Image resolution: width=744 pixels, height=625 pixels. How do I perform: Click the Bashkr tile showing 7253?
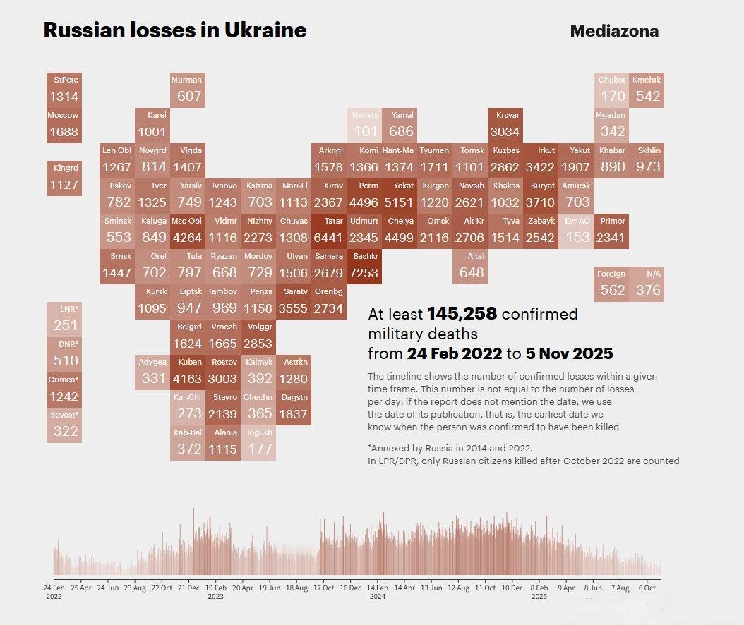[x=364, y=266]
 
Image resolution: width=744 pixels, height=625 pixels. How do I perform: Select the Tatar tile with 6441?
[x=329, y=231]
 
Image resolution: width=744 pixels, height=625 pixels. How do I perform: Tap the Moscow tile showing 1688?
[x=64, y=125]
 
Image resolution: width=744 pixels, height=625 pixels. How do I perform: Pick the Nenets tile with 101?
[x=366, y=125]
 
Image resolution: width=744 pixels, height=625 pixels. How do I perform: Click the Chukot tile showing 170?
[x=612, y=90]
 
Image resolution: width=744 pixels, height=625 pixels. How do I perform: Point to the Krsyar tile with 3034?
[x=505, y=125]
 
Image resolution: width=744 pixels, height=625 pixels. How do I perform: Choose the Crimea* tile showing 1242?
[x=64, y=390]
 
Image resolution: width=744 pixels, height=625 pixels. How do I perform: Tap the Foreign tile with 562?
[x=612, y=284]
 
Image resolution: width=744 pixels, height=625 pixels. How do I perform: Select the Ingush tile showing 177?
[x=259, y=442]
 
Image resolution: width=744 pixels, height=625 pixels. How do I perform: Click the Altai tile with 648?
[x=471, y=266]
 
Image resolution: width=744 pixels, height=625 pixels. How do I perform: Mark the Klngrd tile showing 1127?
[x=64, y=178]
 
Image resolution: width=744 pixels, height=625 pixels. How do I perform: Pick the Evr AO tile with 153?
[x=577, y=231]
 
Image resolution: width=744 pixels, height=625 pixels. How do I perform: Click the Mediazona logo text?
[x=614, y=31]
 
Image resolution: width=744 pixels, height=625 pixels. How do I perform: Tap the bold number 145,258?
[x=462, y=314]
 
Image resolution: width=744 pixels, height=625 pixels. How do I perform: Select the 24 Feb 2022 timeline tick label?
[x=54, y=591]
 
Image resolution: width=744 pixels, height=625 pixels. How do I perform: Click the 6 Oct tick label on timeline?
[x=647, y=587]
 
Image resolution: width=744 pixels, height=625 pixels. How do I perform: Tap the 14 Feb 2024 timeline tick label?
[x=378, y=591]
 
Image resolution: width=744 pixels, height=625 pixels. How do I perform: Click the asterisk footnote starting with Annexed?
[x=450, y=448]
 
